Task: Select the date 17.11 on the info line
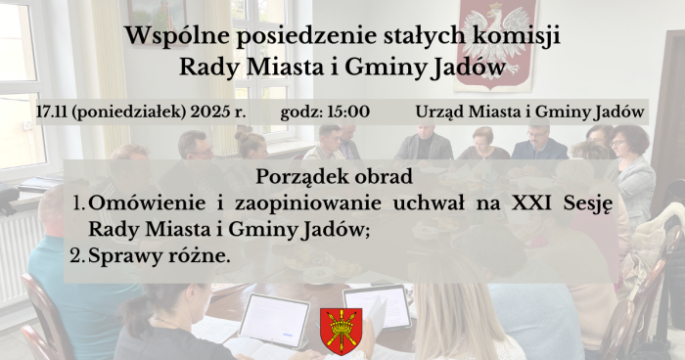51,112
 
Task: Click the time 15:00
349,112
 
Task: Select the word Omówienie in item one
147,204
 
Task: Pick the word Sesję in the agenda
591,205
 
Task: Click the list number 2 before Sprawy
77,256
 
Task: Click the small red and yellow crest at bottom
340,331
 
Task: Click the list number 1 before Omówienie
77,204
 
